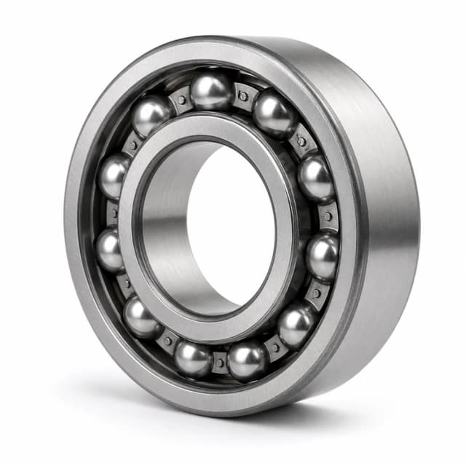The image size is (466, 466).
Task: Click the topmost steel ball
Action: coord(211,92)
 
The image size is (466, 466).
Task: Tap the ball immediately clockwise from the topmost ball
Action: coord(275,114)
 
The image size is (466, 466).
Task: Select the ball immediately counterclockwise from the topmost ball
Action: coord(151,115)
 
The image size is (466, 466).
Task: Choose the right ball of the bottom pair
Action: coord(247,360)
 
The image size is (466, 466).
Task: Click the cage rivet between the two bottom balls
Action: coord(220,362)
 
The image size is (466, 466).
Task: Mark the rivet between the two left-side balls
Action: coord(113,213)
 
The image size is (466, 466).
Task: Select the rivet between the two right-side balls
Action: coord(325,216)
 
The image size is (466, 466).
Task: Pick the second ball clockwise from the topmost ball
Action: coord(315,177)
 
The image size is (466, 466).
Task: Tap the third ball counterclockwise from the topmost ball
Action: coord(110,250)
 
